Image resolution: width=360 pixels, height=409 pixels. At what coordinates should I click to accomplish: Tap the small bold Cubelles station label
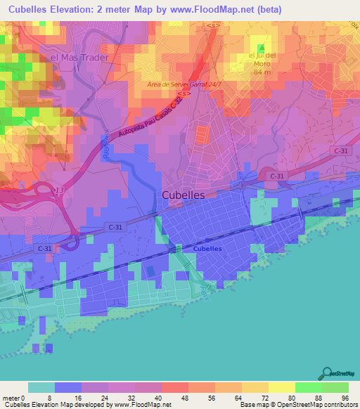[x=207, y=249]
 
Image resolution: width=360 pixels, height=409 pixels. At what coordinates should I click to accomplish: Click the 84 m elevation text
[x=262, y=72]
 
